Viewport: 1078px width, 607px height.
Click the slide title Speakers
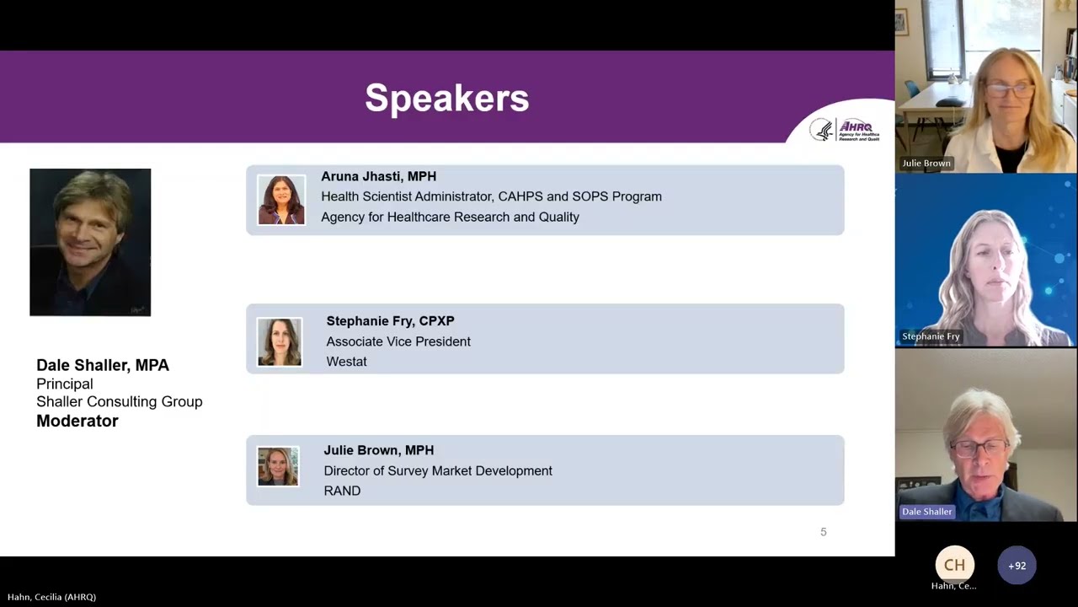[446, 98]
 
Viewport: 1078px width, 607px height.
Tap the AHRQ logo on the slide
[845, 129]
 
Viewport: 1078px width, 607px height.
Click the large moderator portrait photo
[90, 242]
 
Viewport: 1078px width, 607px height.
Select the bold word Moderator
[77, 421]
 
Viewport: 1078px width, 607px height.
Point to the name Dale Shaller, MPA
[103, 365]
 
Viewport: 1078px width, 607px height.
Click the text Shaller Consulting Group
[120, 401]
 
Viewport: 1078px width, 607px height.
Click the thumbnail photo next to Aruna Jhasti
[281, 200]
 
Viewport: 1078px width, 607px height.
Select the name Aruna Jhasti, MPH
[378, 176]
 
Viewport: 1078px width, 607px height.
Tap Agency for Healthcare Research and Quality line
[450, 217]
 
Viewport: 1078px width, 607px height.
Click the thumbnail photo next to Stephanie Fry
[279, 341]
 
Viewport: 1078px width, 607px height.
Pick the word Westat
[346, 362]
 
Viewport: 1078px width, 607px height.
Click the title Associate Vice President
[398, 341]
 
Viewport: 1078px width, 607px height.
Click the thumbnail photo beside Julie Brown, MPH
[278, 466]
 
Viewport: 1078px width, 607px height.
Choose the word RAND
[342, 491]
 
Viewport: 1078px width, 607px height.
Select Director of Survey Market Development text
[438, 470]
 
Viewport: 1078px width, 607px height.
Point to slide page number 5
[824, 532]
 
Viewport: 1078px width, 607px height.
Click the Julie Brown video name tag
[926, 163]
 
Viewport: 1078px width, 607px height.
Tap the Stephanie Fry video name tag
[931, 336]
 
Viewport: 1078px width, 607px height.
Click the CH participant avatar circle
[954, 565]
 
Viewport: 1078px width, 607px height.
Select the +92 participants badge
[1017, 566]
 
